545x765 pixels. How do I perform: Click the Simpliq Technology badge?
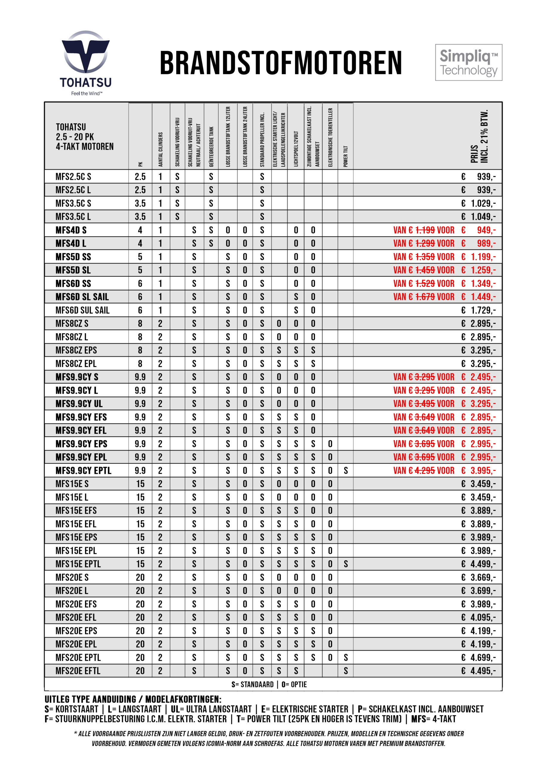pos(469,62)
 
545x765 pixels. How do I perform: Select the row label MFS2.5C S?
pos(73,177)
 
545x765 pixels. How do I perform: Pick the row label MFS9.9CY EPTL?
pos(83,470)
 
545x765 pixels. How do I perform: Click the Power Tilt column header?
pos(345,156)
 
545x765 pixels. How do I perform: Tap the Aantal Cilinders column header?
pos(160,149)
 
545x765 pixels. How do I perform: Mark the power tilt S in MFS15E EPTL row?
pos(346,564)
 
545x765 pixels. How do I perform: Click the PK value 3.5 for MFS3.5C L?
pos(140,217)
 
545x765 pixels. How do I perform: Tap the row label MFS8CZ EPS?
pos(76,350)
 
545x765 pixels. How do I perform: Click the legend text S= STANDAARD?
pos(252,684)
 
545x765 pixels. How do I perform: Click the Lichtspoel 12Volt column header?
pos(296,149)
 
